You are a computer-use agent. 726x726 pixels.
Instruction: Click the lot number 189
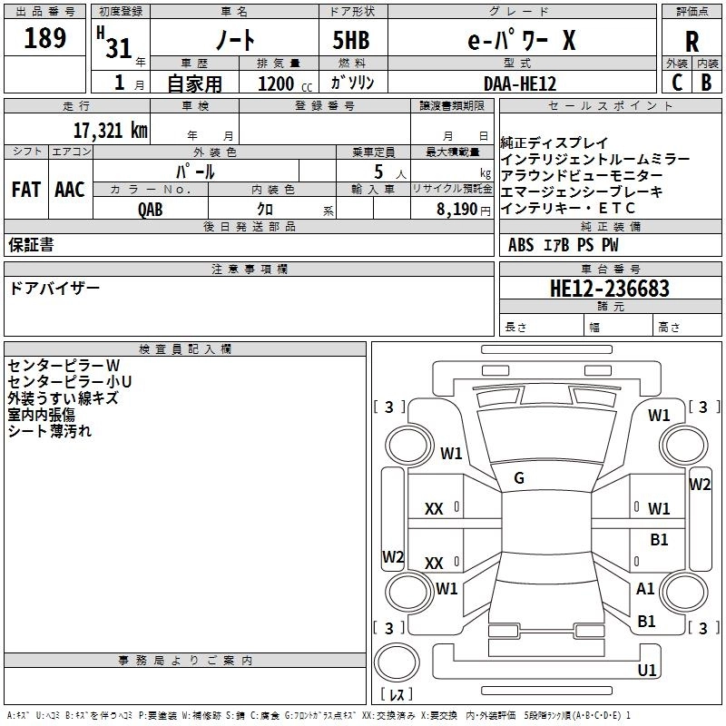pos(44,38)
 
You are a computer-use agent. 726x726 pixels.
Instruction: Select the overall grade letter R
pos(692,42)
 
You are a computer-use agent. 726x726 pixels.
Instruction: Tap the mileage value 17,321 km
pos(111,130)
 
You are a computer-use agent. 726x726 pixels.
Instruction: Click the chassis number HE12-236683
pos(609,289)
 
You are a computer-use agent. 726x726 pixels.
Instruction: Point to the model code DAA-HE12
pos(520,83)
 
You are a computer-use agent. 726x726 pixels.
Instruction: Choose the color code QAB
pos(151,210)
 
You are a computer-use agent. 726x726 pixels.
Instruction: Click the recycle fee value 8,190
pos(456,210)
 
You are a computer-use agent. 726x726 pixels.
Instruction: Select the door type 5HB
pos(351,40)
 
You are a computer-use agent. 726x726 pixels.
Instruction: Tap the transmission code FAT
pos(26,190)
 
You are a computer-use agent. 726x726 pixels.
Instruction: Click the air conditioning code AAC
pos(70,190)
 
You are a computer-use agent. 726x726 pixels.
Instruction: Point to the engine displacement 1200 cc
pos(285,83)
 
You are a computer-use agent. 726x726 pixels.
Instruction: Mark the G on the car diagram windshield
pos(519,478)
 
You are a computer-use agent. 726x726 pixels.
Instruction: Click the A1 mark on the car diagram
pos(645,588)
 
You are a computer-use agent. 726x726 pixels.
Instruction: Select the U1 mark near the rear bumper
pos(647,670)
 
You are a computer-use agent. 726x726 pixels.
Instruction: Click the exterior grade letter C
pos(677,83)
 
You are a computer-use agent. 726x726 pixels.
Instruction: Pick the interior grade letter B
pos(706,83)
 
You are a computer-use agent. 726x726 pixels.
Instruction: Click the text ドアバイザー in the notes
pos(54,289)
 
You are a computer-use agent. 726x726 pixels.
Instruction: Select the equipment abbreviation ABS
pos(521,245)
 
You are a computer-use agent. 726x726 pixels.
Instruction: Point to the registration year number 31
pos(119,48)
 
